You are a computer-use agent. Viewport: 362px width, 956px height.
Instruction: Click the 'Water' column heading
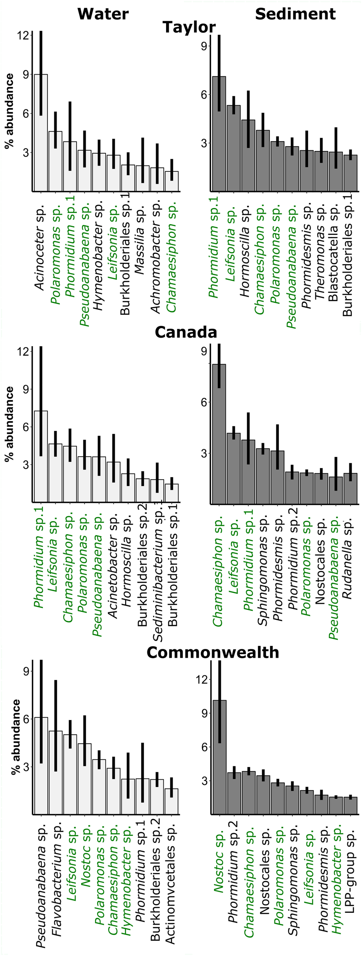103,14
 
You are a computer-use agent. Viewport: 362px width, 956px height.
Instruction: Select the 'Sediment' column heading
295,14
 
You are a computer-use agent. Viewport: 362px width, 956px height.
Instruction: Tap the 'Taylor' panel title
189,28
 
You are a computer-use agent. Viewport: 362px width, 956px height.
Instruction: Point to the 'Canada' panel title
186,332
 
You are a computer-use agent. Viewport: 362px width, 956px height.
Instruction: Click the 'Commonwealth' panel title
213,652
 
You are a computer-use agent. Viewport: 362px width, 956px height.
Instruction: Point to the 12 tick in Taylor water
23,36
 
